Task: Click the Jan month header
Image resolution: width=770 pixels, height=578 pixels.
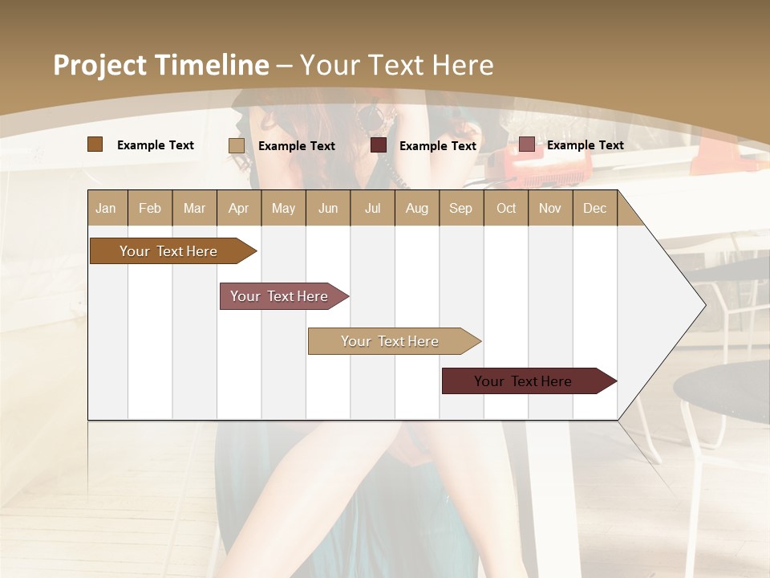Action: coord(106,208)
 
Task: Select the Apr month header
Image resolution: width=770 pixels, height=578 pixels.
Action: coord(238,208)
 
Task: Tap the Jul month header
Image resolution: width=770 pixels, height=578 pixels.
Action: coord(372,208)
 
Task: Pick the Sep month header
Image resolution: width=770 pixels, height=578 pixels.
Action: coord(460,208)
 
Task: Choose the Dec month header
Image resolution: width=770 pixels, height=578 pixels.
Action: coord(594,208)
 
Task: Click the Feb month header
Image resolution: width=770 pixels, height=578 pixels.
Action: coord(150,208)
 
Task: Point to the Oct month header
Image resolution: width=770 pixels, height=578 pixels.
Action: coord(506,208)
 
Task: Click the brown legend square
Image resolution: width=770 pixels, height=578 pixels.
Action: coord(95,144)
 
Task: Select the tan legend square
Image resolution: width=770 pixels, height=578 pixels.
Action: coord(237,145)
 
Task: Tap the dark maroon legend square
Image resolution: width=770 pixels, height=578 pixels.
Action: coord(379,145)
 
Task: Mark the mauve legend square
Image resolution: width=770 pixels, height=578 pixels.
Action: coord(526,144)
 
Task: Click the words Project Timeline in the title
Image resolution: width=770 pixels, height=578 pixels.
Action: coord(160,65)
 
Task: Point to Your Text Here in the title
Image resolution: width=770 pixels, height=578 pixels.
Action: coord(396,65)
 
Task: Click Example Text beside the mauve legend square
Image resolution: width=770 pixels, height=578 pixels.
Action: coord(585,144)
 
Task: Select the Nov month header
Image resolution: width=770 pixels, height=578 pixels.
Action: coord(550,208)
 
